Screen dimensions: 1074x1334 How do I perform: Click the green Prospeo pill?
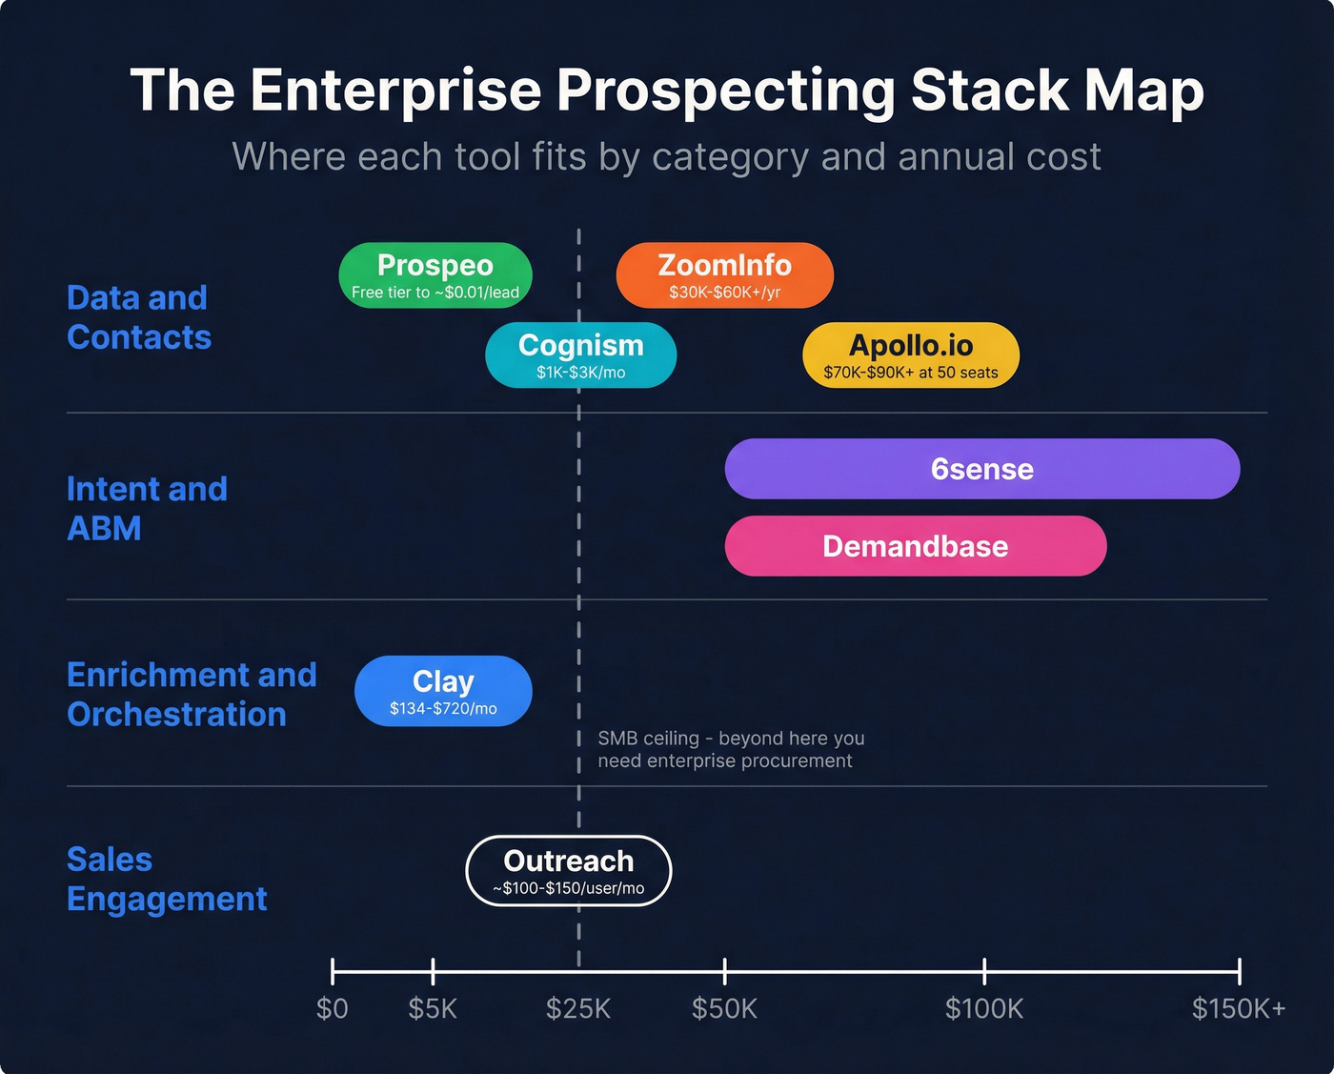point(435,275)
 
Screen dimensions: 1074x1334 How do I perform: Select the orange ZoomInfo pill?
point(724,275)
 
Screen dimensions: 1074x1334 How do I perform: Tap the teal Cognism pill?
point(580,355)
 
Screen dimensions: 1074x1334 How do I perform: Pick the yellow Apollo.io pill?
point(910,355)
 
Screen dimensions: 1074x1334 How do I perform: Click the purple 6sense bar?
point(981,469)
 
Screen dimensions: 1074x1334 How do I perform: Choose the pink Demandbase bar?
point(915,546)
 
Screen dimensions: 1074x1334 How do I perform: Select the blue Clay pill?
point(443,691)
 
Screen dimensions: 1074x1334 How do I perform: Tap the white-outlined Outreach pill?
point(568,871)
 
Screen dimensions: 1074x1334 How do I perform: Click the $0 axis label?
point(332,1008)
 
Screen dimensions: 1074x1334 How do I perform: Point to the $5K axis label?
point(433,1008)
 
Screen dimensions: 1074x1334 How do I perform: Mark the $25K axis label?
point(578,1008)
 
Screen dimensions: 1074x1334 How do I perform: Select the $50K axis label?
point(724,1008)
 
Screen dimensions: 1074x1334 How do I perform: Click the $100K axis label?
point(984,1008)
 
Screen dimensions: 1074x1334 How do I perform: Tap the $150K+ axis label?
point(1239,1008)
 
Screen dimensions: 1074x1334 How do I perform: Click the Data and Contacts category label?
point(139,317)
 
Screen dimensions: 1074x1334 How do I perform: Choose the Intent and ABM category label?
point(147,508)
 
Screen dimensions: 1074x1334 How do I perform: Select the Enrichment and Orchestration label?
point(191,694)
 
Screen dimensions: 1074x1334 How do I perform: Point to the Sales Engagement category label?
point(167,879)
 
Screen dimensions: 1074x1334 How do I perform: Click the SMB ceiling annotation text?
point(731,749)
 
